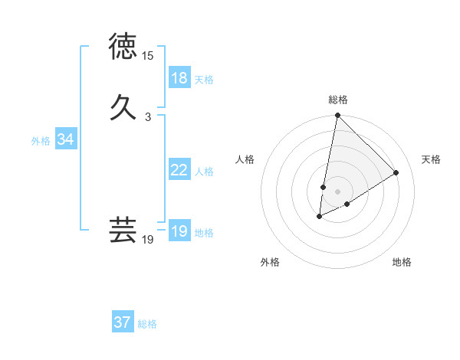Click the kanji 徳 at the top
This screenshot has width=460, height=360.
click(123, 47)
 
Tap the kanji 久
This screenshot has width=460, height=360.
click(123, 106)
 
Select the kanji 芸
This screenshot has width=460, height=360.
click(123, 230)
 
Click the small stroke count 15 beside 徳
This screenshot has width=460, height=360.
click(147, 56)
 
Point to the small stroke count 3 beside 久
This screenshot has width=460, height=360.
click(147, 116)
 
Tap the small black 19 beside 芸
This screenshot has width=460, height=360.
click(147, 240)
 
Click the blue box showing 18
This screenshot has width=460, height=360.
click(179, 78)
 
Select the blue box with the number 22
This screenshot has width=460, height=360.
click(179, 170)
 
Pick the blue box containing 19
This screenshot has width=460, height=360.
click(179, 231)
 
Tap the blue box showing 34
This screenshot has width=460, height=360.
click(66, 139)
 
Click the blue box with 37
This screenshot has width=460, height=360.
click(123, 322)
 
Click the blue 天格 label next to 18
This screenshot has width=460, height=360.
click(204, 79)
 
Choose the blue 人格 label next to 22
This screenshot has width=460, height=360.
click(204, 171)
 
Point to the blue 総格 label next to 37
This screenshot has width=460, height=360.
click(147, 324)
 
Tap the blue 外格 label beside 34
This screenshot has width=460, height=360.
click(41, 141)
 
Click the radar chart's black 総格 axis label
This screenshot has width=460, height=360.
click(338, 100)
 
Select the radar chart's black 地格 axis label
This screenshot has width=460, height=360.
click(402, 262)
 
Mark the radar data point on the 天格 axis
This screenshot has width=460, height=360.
click(396, 172)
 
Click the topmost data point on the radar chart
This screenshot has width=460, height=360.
click(337, 116)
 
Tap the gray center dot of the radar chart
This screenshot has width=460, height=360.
click(338, 191)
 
